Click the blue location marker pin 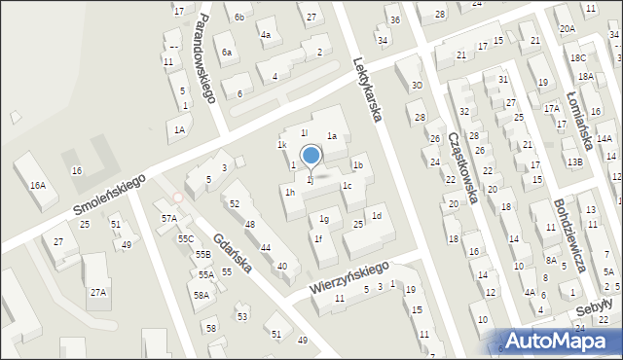pyautogui.click(x=311, y=156)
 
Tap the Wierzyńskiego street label pyautogui.click(x=349, y=277)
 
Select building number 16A pyautogui.click(x=37, y=184)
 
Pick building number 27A pyautogui.click(x=97, y=292)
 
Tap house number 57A pyautogui.click(x=169, y=219)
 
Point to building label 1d pyautogui.click(x=376, y=215)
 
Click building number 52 pyautogui.click(x=235, y=203)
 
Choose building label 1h pyautogui.click(x=290, y=193)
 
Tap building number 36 pyautogui.click(x=393, y=19)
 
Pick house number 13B pyautogui.click(x=575, y=162)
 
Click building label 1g pyautogui.click(x=324, y=220)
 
